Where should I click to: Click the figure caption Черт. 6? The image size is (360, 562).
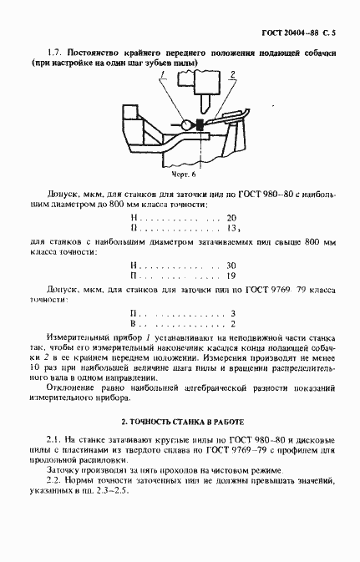click(x=185, y=175)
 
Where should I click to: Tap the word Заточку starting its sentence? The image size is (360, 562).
click(x=68, y=469)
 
